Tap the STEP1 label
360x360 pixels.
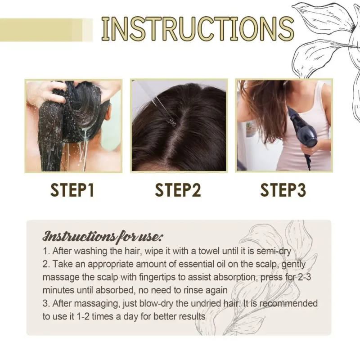pos(72,190)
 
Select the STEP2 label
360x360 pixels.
pos(178,190)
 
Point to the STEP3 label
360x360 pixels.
pos(283,190)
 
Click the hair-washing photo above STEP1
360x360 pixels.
pos(73,126)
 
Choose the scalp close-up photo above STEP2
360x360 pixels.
pos(179,126)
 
